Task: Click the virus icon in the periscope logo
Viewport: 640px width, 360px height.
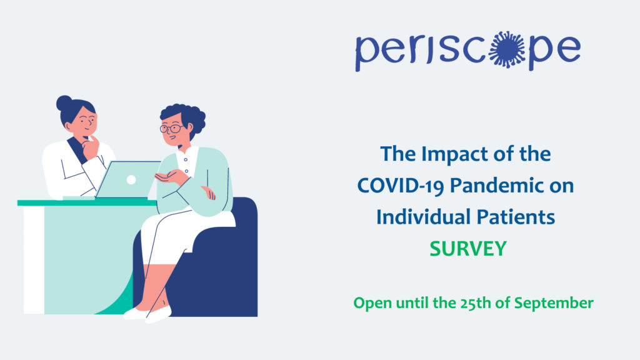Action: [x=506, y=49]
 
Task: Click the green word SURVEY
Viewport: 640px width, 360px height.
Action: [x=467, y=249]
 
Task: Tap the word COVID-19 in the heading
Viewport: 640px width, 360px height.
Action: [x=401, y=186]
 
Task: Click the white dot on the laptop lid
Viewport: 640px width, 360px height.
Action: [x=131, y=179]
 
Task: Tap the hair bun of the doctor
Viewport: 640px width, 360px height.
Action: [x=64, y=103]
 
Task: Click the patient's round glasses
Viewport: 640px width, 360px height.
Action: [x=172, y=129]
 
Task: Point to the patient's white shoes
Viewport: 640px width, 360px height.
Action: [x=147, y=314]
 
